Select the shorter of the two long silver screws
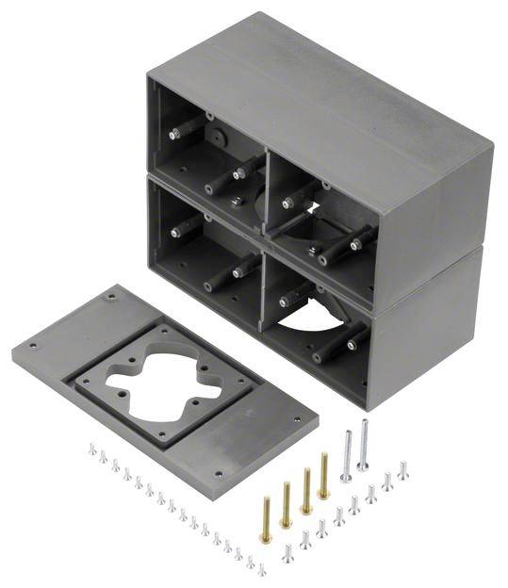(x=346, y=455)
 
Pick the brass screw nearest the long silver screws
(x=323, y=476)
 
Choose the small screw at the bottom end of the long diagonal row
(x=261, y=568)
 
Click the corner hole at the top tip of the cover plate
(x=114, y=297)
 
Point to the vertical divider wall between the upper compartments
(x=264, y=174)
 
